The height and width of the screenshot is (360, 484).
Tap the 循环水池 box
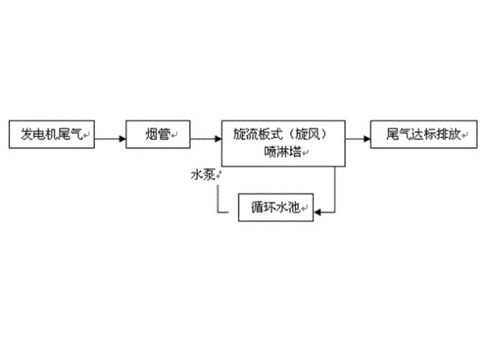tap(275, 208)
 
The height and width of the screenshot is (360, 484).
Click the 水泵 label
tap(203, 175)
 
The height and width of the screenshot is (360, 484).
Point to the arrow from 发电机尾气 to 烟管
tap(110, 138)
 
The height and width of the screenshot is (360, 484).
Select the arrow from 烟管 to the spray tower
tap(205, 138)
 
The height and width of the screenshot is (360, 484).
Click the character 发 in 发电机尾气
tap(27, 136)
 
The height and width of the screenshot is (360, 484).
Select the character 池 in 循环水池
tap(301, 208)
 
